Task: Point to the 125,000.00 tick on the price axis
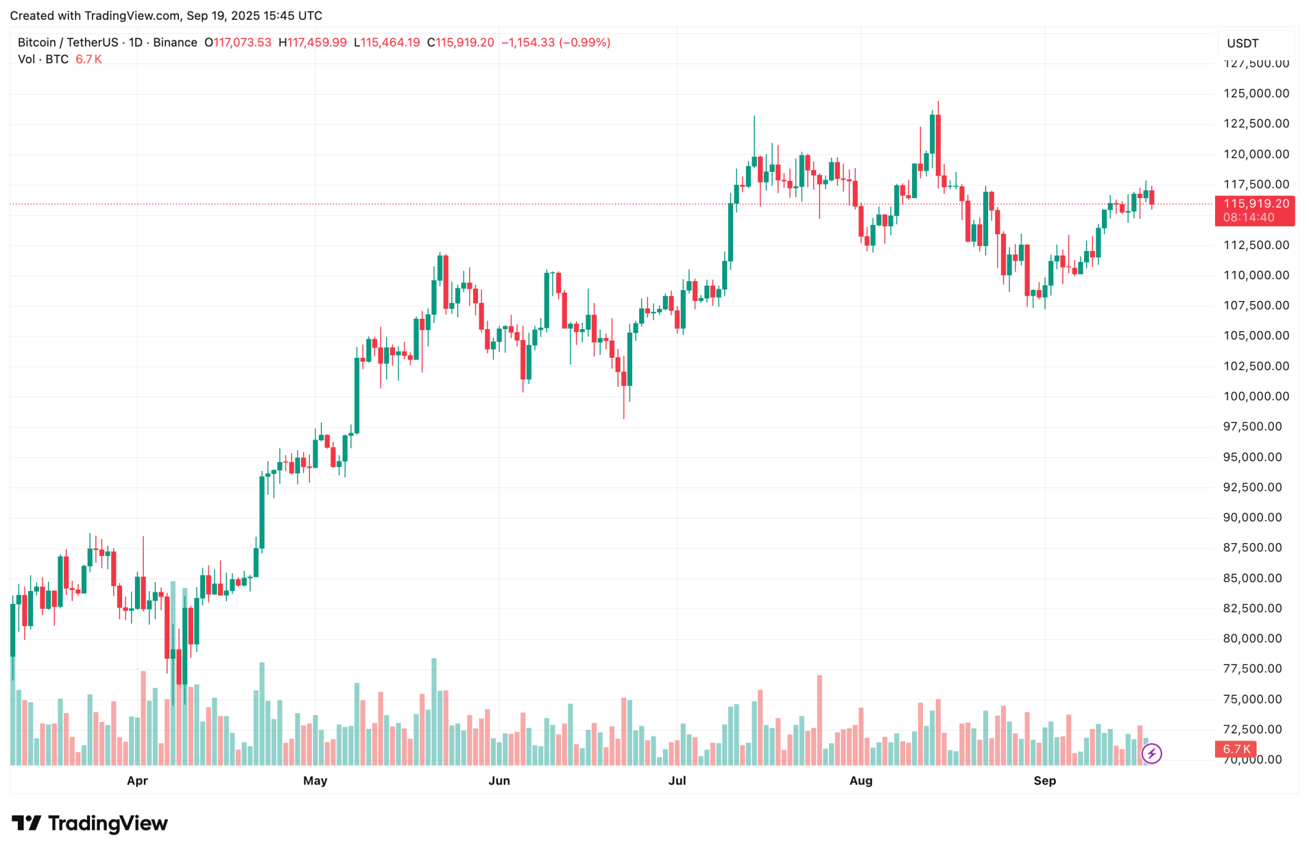1255,93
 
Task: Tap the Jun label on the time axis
499,780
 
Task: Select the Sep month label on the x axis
1044,780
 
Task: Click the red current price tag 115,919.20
1255,204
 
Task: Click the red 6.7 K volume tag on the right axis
1235,749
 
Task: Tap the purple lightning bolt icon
1151,753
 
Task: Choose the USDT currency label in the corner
1243,43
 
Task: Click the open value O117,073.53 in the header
238,43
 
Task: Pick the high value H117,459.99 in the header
313,43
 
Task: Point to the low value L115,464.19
387,43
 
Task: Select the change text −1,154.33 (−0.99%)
555,43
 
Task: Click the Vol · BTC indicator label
43,59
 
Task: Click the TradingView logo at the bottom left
89,823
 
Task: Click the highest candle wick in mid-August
938,109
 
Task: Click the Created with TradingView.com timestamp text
166,15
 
